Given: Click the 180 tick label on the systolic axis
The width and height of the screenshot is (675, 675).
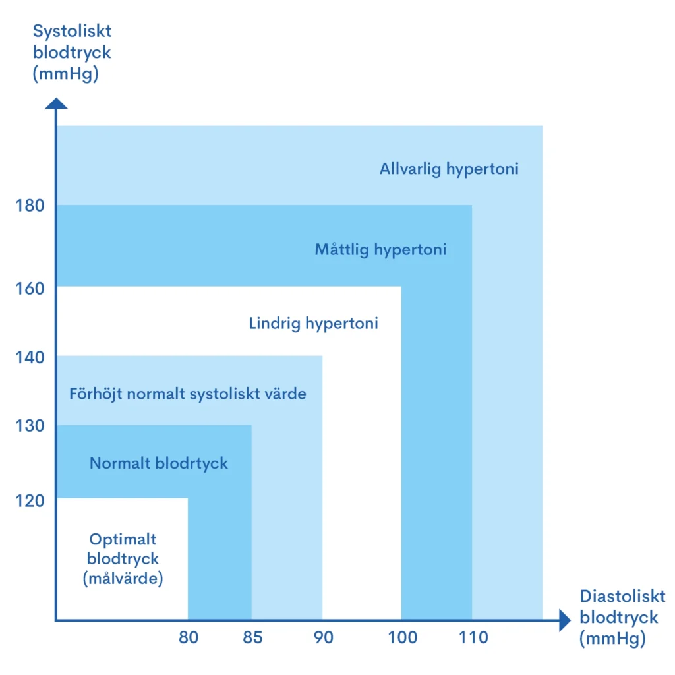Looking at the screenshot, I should [30, 206].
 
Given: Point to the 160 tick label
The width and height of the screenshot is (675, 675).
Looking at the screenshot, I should [30, 289].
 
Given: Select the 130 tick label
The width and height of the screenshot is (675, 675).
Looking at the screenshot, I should [30, 426].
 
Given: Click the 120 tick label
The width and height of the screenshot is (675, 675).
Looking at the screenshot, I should [30, 500].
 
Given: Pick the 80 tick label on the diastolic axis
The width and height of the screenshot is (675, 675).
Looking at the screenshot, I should [188, 637].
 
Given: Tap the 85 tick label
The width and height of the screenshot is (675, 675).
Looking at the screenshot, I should [252, 637].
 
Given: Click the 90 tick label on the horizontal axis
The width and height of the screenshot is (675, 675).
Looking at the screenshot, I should [323, 637].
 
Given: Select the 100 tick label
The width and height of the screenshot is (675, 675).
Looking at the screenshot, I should [402, 637].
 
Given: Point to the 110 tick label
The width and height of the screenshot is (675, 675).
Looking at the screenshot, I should [473, 637].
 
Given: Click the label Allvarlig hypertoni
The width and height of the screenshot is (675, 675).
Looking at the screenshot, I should [449, 169].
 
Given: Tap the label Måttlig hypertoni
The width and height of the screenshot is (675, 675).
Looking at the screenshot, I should [380, 250].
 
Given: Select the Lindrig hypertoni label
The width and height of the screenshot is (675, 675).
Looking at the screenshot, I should [314, 324].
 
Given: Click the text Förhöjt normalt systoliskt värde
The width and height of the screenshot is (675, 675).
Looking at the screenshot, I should [188, 394].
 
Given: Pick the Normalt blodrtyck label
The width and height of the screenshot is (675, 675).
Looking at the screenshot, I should [159, 463].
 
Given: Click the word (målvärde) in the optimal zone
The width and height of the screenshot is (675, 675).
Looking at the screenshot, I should [123, 579].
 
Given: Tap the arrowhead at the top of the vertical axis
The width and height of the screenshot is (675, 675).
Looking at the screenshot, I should [57, 103].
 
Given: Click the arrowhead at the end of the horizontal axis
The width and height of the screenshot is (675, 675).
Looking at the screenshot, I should [564, 620].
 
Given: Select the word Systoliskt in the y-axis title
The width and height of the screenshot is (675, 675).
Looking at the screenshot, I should [73, 31].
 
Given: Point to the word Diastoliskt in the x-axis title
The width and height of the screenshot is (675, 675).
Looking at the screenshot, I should [623, 597].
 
